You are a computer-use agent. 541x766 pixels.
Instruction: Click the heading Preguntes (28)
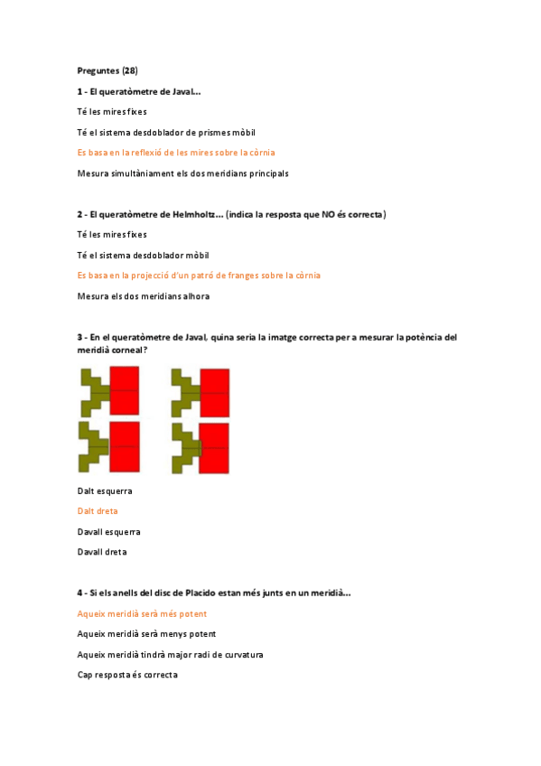[107, 70]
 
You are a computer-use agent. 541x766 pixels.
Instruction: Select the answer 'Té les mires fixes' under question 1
[112, 111]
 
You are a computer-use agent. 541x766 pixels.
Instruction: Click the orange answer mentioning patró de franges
[199, 275]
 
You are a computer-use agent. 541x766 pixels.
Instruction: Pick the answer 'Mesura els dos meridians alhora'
[144, 295]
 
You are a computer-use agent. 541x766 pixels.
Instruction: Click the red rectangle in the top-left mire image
[125, 389]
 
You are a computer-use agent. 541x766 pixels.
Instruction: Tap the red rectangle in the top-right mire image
[215, 391]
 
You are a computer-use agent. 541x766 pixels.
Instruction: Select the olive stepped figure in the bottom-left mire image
[91, 446]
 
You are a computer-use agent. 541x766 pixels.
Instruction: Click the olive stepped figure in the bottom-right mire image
[183, 447]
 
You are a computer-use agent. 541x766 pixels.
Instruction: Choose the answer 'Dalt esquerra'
[105, 490]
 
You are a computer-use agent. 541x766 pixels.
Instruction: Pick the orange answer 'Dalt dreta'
[98, 511]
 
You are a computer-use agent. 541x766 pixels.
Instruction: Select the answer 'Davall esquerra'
[108, 532]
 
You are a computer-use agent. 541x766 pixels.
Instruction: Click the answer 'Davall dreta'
[102, 552]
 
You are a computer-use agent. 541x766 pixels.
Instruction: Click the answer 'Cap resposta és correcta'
[127, 675]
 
